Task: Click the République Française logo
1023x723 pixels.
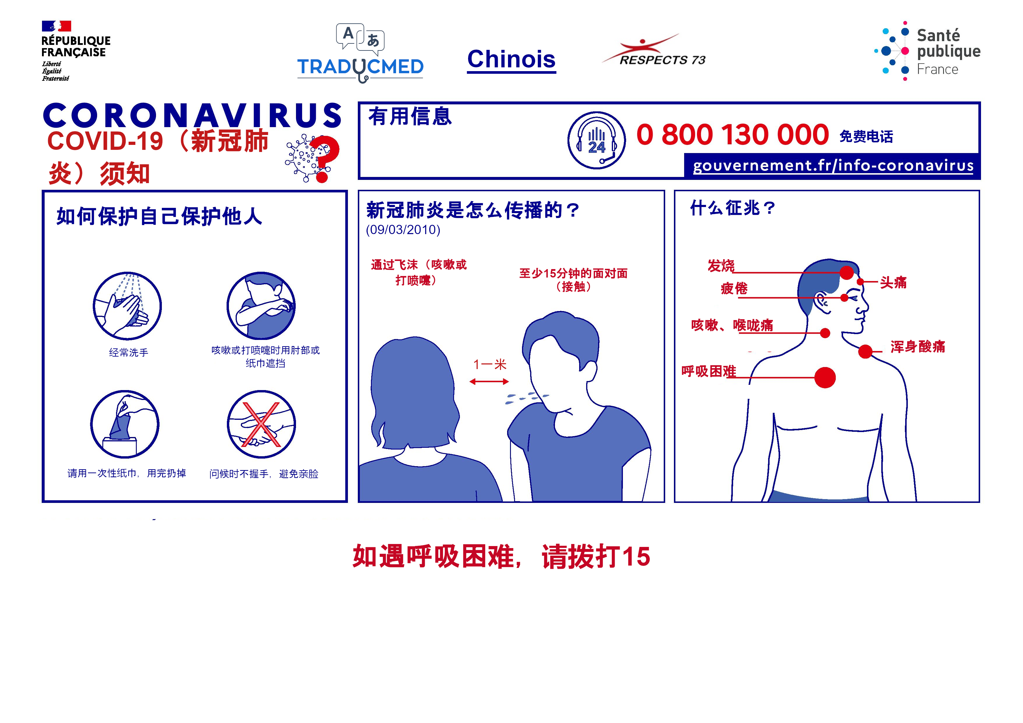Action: point(76,51)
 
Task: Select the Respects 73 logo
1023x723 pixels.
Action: point(654,50)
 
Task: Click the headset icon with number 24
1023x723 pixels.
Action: point(597,140)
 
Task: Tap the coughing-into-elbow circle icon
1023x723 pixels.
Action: point(261,306)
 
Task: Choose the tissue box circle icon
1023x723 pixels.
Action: point(125,424)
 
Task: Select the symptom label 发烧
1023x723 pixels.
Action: point(721,266)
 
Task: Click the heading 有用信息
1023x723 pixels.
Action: point(410,117)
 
